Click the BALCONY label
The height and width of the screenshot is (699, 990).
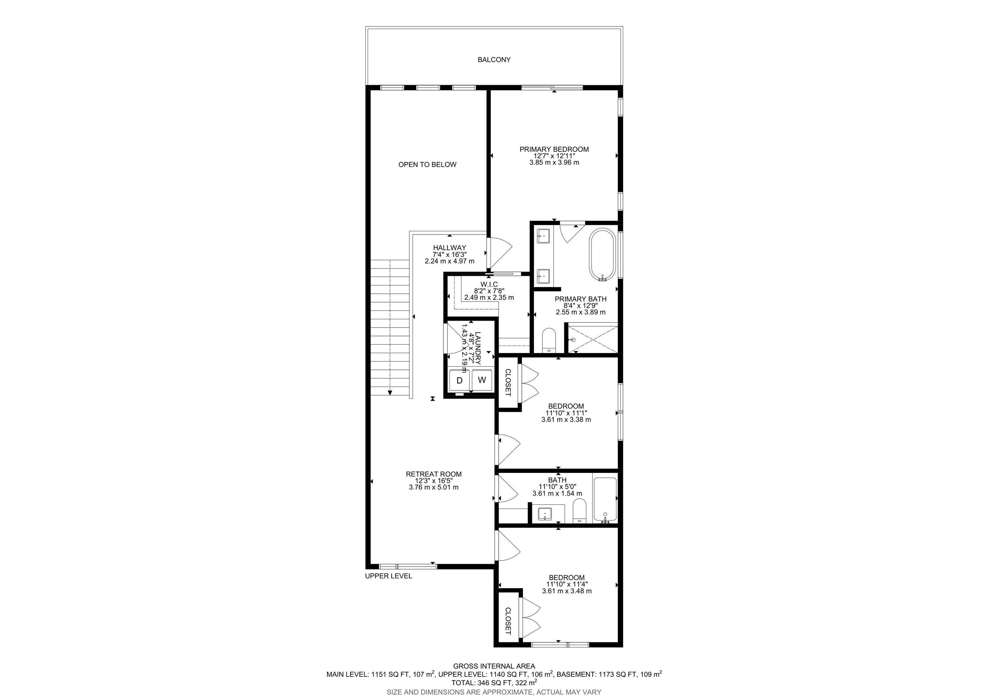(x=494, y=60)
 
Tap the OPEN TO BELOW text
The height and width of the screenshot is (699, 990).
(x=427, y=164)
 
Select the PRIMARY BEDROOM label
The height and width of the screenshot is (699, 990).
(x=554, y=149)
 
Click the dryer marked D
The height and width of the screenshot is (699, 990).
(x=459, y=380)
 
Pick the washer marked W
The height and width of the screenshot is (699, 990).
(x=482, y=380)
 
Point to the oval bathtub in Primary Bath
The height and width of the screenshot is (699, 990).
(x=602, y=255)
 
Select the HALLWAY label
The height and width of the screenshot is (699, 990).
(x=450, y=248)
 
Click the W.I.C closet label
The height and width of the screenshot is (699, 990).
(x=489, y=284)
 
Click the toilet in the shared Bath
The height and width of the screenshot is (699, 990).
(x=579, y=511)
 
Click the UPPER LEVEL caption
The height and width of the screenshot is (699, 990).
(x=389, y=576)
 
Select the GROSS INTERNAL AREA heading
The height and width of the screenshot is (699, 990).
(x=494, y=666)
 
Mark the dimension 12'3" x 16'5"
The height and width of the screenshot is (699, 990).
(x=433, y=481)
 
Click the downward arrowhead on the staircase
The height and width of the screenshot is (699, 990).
(x=390, y=393)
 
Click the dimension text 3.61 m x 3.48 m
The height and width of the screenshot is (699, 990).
(x=567, y=591)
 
